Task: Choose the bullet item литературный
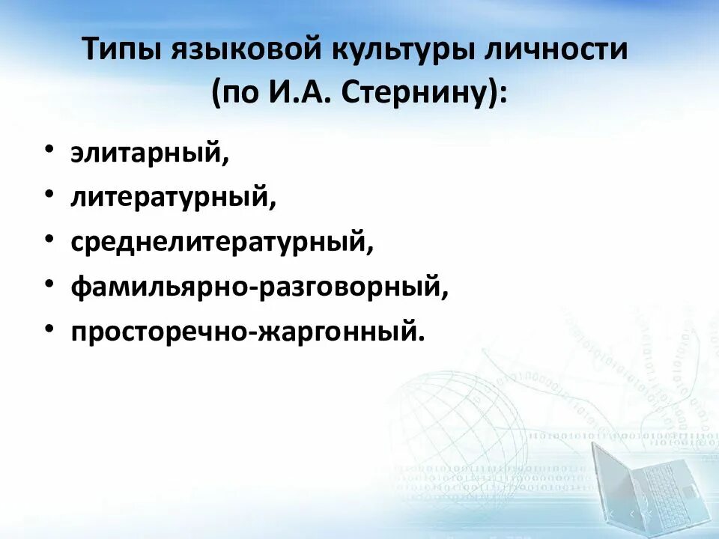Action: coord(174,197)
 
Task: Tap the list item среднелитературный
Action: coord(222,242)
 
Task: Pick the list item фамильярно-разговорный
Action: coord(259,287)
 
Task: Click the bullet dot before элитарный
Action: coord(49,150)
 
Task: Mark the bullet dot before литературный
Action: coord(49,195)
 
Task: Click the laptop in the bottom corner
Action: coord(652,487)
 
